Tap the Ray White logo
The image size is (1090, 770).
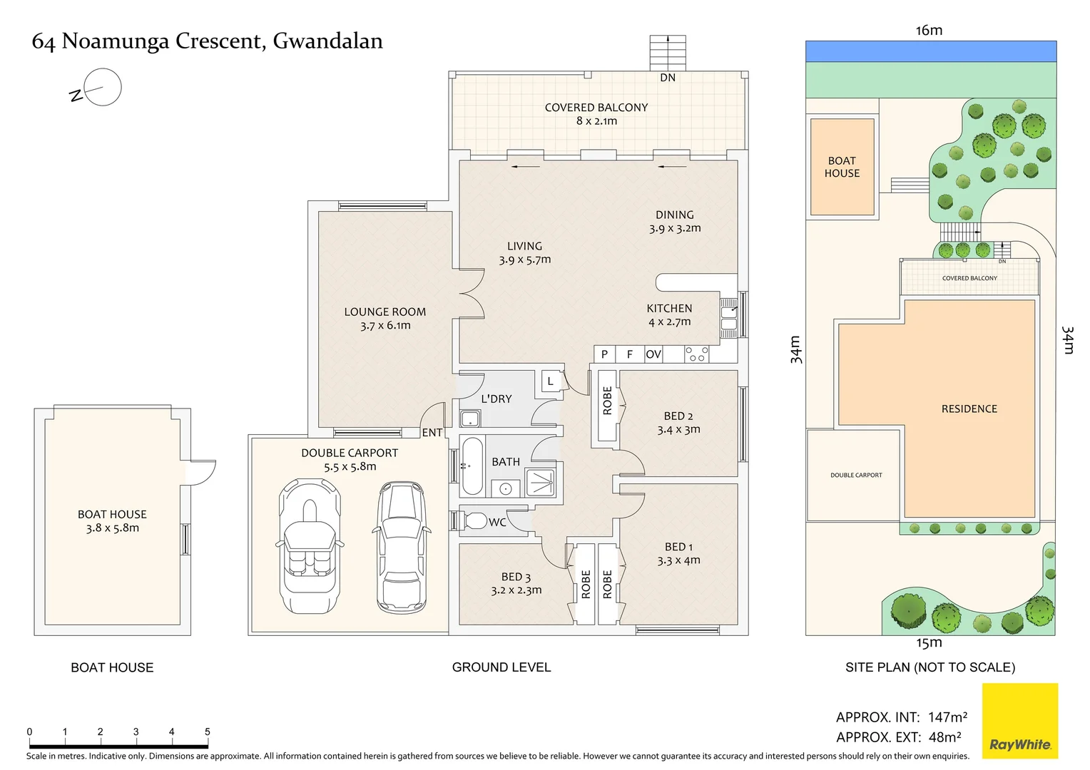coord(1019,722)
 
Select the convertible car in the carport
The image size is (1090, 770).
coord(310,545)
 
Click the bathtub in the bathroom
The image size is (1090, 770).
coord(472,466)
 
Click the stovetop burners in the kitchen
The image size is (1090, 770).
coord(696,354)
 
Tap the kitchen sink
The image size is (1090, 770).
coord(728,318)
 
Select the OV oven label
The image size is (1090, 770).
coord(653,354)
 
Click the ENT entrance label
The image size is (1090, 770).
coord(432,433)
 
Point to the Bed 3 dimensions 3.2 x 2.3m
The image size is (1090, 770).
coord(516,590)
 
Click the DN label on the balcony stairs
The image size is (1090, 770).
coord(668,78)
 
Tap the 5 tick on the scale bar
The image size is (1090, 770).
coord(208,731)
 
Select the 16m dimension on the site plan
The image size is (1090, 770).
coord(929,30)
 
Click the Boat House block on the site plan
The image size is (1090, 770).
coord(842,167)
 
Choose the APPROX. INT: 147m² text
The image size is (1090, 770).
coord(902,717)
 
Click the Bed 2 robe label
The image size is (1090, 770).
coord(607,401)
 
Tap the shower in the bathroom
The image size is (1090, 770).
coord(540,482)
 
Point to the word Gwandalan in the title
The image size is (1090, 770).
coord(327,41)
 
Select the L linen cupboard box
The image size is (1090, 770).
coord(551,381)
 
